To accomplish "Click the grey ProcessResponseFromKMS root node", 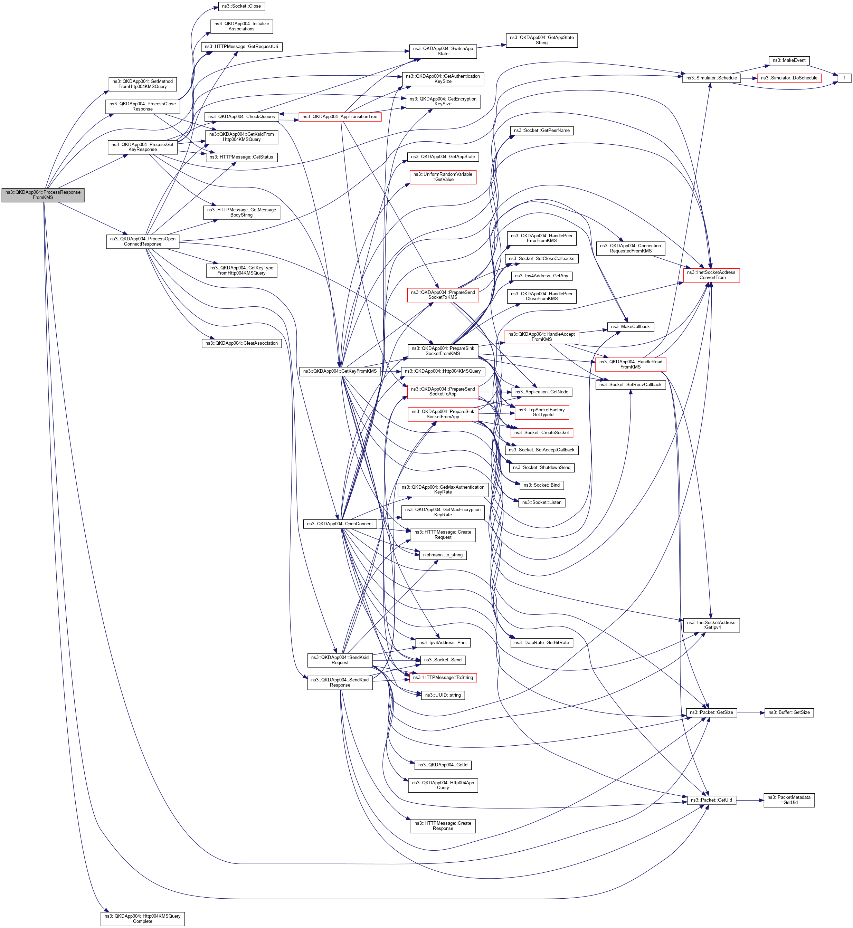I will coord(43,195).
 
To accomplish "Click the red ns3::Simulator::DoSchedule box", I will coord(789,78).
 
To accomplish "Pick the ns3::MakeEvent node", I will coord(789,60).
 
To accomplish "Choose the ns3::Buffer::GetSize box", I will coord(789,712).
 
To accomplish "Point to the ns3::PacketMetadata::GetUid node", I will coord(789,800).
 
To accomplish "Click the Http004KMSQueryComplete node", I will coord(143,918).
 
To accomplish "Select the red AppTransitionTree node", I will coord(340,117).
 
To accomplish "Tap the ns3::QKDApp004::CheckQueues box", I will coord(241,117).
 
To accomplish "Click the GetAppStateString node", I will coord(541,40).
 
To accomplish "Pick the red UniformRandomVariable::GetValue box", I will coord(443,177).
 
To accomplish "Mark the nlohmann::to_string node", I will coord(443,555).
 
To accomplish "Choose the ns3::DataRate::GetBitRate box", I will coord(541,642).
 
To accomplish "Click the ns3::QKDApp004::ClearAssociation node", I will coord(241,343).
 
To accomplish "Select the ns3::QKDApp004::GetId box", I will coord(443,765).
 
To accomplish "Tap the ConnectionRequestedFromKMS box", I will coord(631,248).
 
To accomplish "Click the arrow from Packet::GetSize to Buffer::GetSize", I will coord(750,712).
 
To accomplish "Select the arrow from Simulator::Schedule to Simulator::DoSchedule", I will coord(749,78).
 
